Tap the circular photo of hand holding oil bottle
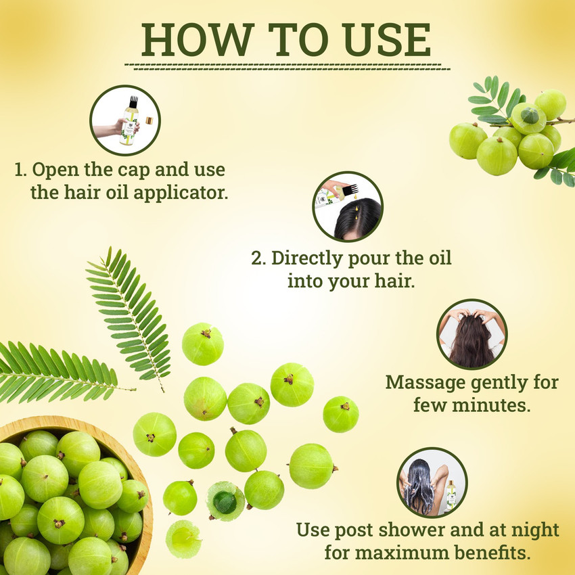pos(124,120)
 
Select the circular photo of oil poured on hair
pos(348,206)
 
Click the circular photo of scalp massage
pos(471,333)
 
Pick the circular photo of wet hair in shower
pos(432,482)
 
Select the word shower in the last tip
pos(409,530)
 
